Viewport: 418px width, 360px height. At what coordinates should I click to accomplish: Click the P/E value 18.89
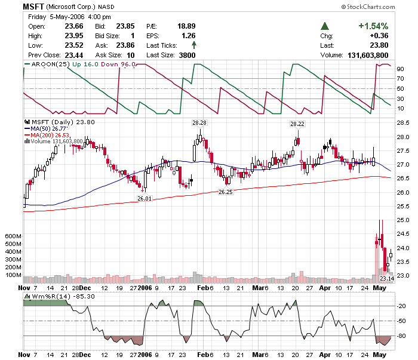tap(187, 26)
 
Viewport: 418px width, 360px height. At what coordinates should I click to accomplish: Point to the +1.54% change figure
tap(373, 26)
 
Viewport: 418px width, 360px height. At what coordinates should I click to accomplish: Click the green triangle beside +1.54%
tap(325, 26)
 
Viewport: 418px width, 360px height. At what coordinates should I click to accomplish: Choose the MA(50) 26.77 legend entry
tap(48, 128)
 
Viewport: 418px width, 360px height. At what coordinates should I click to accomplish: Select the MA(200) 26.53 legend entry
tap(49, 135)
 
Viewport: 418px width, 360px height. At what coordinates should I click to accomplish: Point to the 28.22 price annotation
tap(297, 124)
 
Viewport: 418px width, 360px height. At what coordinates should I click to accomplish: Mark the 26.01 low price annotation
tap(145, 198)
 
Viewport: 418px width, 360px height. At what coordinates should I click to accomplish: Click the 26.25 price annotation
tap(226, 192)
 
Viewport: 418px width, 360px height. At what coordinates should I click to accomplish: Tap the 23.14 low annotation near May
tap(386, 278)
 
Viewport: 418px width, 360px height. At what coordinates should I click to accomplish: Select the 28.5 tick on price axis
tap(402, 122)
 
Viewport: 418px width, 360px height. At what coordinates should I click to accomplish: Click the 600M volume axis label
tap(13, 236)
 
